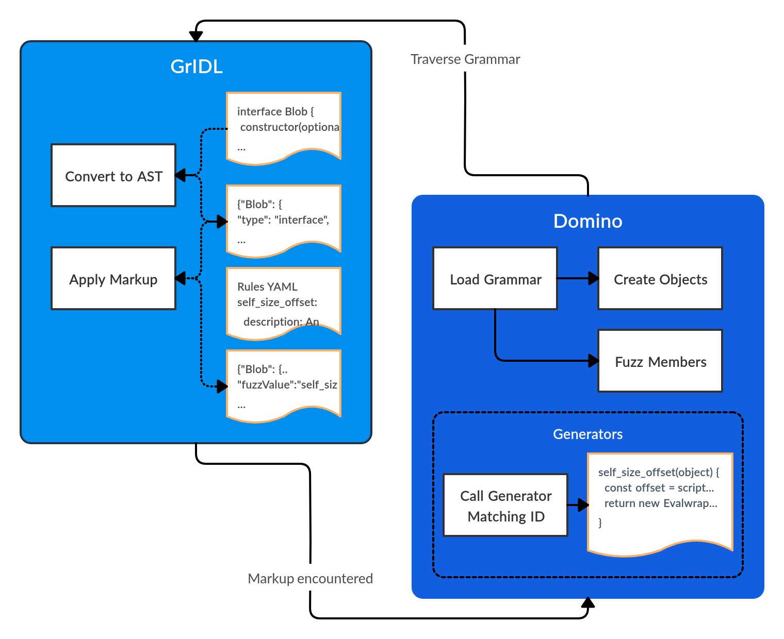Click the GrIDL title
pos(197,66)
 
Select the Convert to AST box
pos(113,175)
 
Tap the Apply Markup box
pos(113,278)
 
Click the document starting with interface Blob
pos(284,126)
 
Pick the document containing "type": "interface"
pos(284,219)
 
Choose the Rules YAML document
pos(284,301)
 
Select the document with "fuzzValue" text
pos(284,384)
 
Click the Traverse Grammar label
pos(465,59)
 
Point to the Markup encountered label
pos(310,579)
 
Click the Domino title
pos(587,221)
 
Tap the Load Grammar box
pos(495,278)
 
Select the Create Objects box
pos(660,278)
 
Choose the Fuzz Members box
pos(660,361)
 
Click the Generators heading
pos(587,434)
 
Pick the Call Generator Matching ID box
pos(505,505)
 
